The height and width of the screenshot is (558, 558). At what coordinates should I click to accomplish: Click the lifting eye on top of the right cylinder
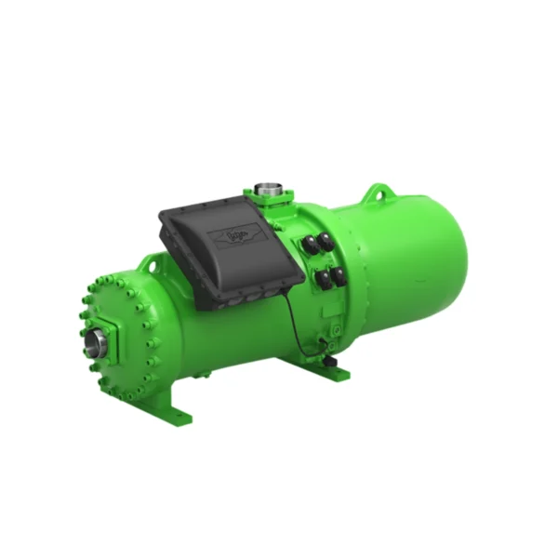376,193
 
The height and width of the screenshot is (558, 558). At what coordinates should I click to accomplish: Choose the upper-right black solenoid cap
326,241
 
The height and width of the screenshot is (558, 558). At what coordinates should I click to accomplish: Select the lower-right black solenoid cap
339,274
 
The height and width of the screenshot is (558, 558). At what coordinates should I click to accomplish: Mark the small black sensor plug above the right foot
327,347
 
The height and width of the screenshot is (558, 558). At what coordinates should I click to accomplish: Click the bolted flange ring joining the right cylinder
346,270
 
